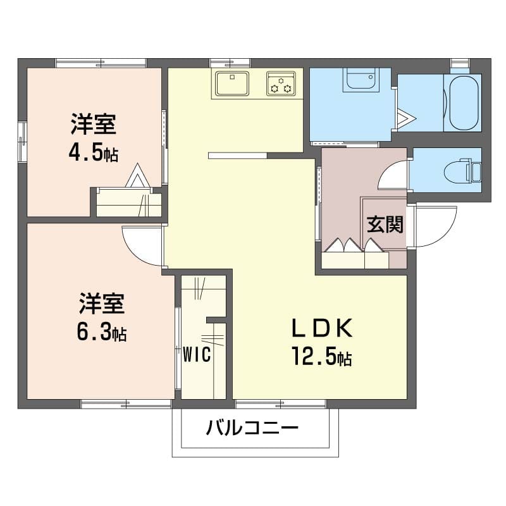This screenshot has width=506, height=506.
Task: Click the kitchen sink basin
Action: coord(232,83)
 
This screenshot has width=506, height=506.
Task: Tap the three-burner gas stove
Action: coord(281,83)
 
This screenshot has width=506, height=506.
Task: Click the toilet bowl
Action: coord(462,170)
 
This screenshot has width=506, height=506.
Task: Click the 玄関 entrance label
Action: coord(385,225)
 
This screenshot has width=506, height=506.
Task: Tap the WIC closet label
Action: coord(197,354)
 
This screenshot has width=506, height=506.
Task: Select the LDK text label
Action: coord(321,328)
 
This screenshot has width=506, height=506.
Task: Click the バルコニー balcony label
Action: coord(252,428)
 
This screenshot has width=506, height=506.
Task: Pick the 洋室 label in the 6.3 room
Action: coord(102,304)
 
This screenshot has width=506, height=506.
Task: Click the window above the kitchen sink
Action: coord(230,62)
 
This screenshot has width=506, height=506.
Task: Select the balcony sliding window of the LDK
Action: coord(280,404)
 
